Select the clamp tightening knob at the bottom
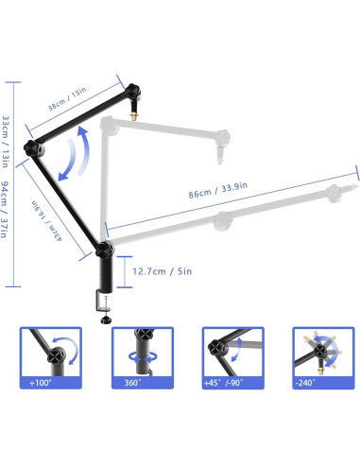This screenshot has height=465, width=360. (104, 318)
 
